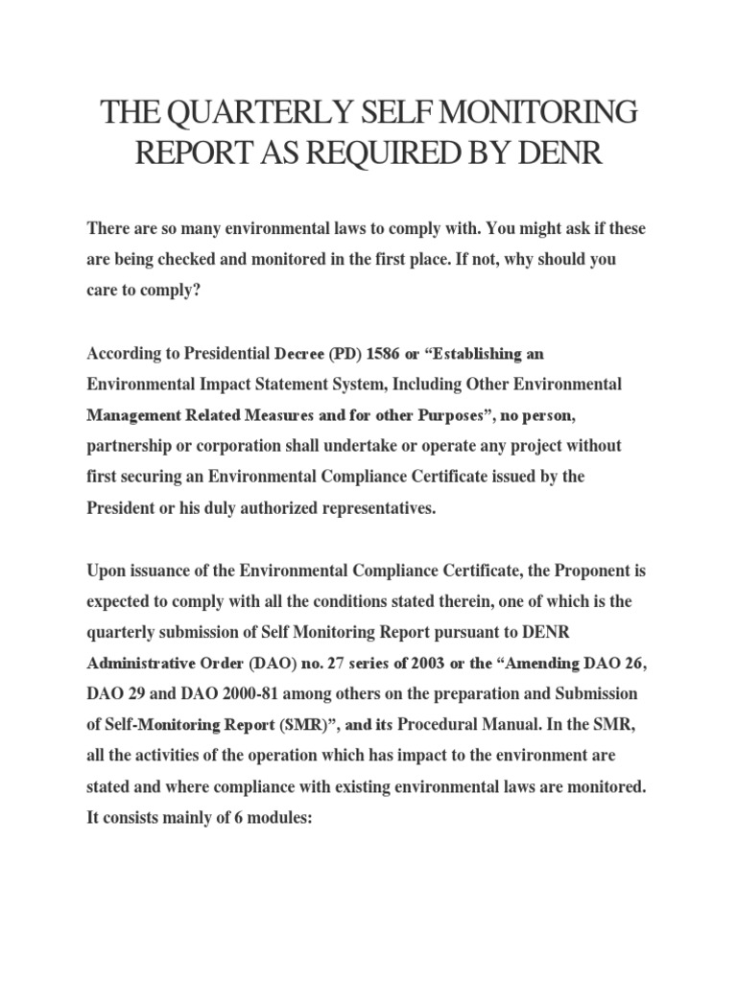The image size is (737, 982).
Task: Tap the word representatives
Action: pyautogui.click(x=377, y=507)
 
